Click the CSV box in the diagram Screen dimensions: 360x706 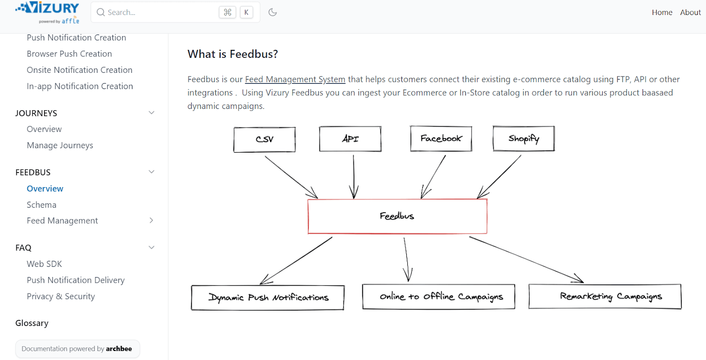click(264, 139)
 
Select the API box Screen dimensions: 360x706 click(350, 139)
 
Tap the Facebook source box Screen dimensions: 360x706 click(441, 139)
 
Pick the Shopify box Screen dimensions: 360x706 click(523, 139)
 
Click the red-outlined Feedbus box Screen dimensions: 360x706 click(397, 216)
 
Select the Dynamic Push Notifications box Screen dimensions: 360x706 click(268, 298)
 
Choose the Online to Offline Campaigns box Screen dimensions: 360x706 click(439, 296)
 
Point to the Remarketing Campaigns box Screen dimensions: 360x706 click(605, 296)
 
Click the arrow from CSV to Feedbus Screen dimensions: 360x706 click(291, 176)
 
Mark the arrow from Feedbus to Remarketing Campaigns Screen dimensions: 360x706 click(525, 259)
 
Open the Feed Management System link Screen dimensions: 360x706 click(295, 79)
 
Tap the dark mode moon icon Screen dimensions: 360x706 click(273, 12)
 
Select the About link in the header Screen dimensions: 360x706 click(690, 12)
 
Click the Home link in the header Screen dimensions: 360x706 click(662, 12)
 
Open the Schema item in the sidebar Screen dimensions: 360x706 click(41, 205)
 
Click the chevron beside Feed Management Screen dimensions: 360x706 click(151, 221)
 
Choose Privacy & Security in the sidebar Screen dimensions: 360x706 click(61, 296)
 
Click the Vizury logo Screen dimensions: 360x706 click(48, 12)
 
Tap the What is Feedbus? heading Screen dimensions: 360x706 click(233, 54)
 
